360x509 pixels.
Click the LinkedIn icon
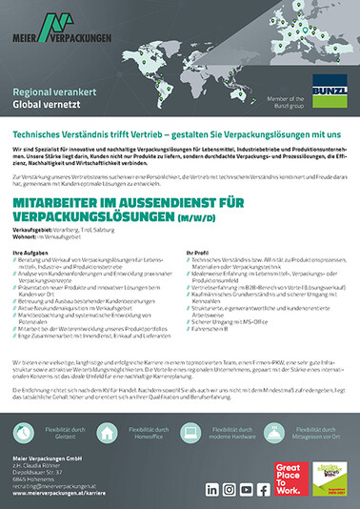pyautogui.click(x=211, y=490)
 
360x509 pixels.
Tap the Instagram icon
pyautogui.click(x=229, y=490)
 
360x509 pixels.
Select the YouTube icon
pyautogui.click(x=247, y=490)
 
